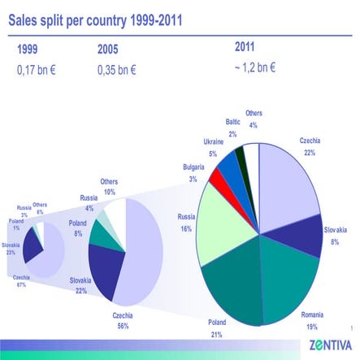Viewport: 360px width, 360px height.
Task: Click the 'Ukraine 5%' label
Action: [213, 147]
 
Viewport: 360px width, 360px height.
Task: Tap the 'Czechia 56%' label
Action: [122, 319]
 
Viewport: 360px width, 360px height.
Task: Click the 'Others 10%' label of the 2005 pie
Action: [109, 186]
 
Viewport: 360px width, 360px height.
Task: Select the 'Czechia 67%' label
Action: [21, 281]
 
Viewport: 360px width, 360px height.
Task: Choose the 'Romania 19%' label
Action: [312, 320]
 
